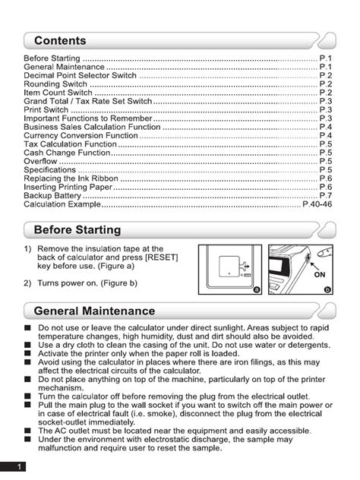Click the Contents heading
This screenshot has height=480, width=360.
[x=60, y=41]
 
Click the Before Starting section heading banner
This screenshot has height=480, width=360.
[x=77, y=230]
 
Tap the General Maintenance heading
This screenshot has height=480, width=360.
[x=95, y=311]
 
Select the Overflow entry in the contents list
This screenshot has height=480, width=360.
[x=40, y=161]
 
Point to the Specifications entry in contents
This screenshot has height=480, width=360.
[x=51, y=170]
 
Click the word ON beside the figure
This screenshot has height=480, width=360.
[x=321, y=276]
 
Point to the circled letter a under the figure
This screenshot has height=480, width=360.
[x=257, y=289]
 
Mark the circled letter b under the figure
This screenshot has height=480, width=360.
[x=327, y=289]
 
